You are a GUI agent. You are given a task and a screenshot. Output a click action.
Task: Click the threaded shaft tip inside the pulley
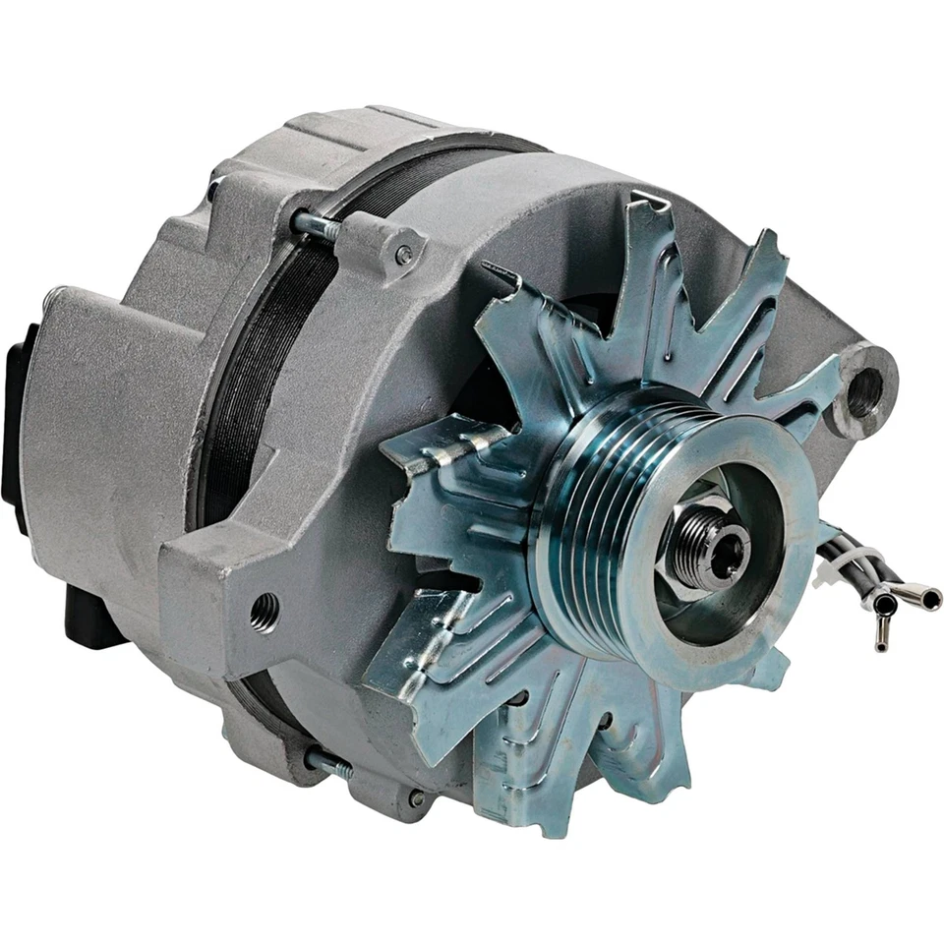point(724,552)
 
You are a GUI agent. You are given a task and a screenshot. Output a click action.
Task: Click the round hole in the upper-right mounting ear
point(864,392)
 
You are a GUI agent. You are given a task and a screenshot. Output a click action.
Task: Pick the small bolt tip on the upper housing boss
point(403,256)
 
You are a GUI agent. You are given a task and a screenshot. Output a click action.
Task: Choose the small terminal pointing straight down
point(882,634)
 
